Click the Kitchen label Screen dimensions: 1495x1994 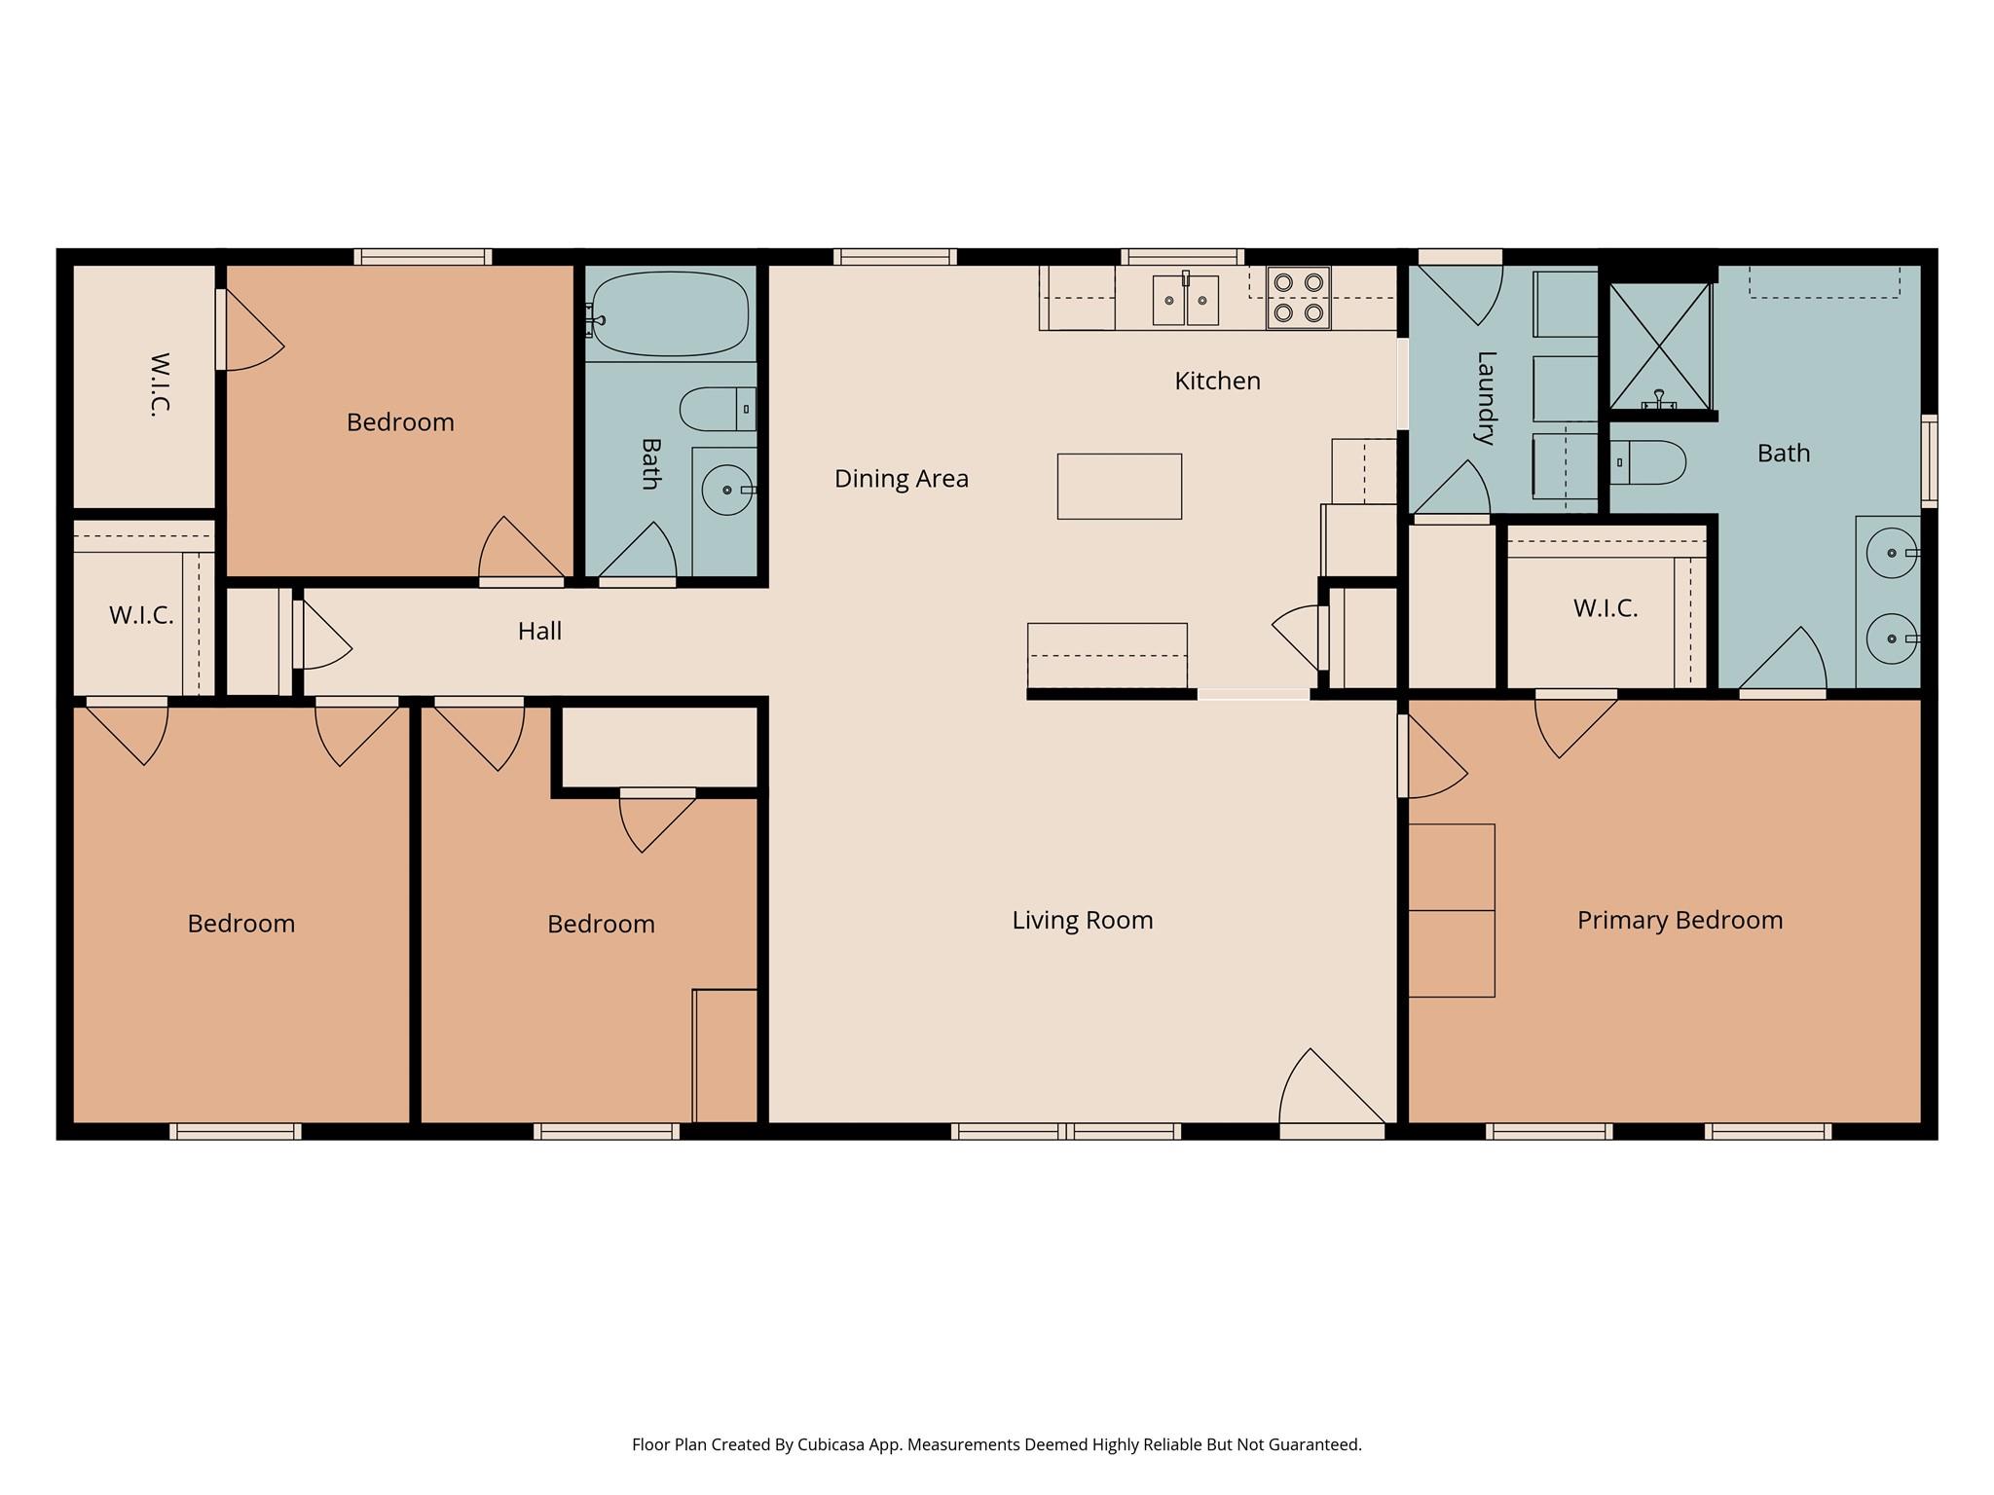1217,381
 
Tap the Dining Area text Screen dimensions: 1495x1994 901,478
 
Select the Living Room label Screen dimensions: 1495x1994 1082,920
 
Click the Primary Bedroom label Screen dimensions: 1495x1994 1680,920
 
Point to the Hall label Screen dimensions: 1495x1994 539,631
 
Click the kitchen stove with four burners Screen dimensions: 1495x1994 1298,298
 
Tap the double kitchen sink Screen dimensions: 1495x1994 1185,300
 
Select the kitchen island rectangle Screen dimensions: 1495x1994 1119,486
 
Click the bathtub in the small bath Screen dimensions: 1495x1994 669,314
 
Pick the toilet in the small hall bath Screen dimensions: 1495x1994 717,409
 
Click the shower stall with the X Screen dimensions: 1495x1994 1659,346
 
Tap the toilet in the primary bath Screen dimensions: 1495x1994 1647,462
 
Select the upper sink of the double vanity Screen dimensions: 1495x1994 1891,553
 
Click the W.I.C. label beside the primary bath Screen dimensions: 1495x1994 1605,608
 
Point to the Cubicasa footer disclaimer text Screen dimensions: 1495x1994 996,1444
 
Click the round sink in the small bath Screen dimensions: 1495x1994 726,490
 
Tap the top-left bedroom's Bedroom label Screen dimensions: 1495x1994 400,421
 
